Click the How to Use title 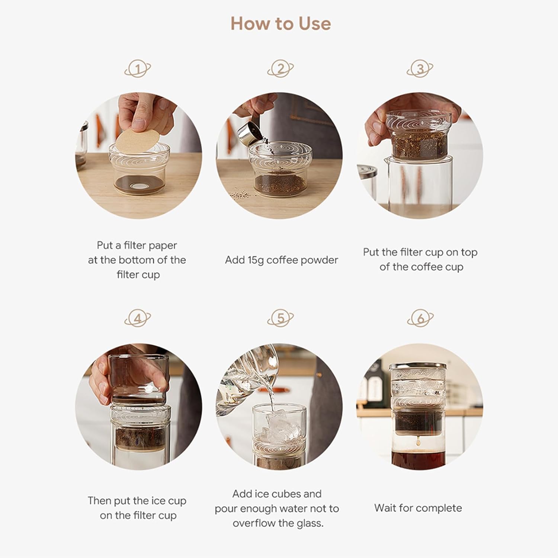(280, 23)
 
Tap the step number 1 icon (138, 69)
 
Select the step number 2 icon (280, 69)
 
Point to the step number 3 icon (420, 69)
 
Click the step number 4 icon (138, 319)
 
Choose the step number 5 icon (280, 318)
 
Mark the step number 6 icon (420, 318)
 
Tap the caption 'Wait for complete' (418, 508)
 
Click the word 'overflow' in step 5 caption (254, 523)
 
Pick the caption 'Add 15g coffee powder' (281, 260)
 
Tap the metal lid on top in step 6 (418, 366)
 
